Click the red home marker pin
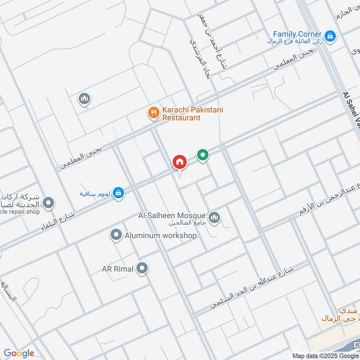click(x=179, y=162)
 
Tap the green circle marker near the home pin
click(x=203, y=156)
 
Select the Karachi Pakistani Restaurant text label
click(x=193, y=113)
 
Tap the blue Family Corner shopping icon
click(x=330, y=36)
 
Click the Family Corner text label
click(x=297, y=34)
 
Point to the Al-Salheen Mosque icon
click(x=215, y=217)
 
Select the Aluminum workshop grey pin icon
click(x=116, y=234)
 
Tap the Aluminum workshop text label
click(x=161, y=235)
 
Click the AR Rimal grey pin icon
click(x=143, y=269)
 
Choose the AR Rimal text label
click(x=117, y=269)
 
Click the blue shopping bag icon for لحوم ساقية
click(x=118, y=193)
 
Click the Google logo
click(x=19, y=353)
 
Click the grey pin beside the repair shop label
click(x=48, y=203)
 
